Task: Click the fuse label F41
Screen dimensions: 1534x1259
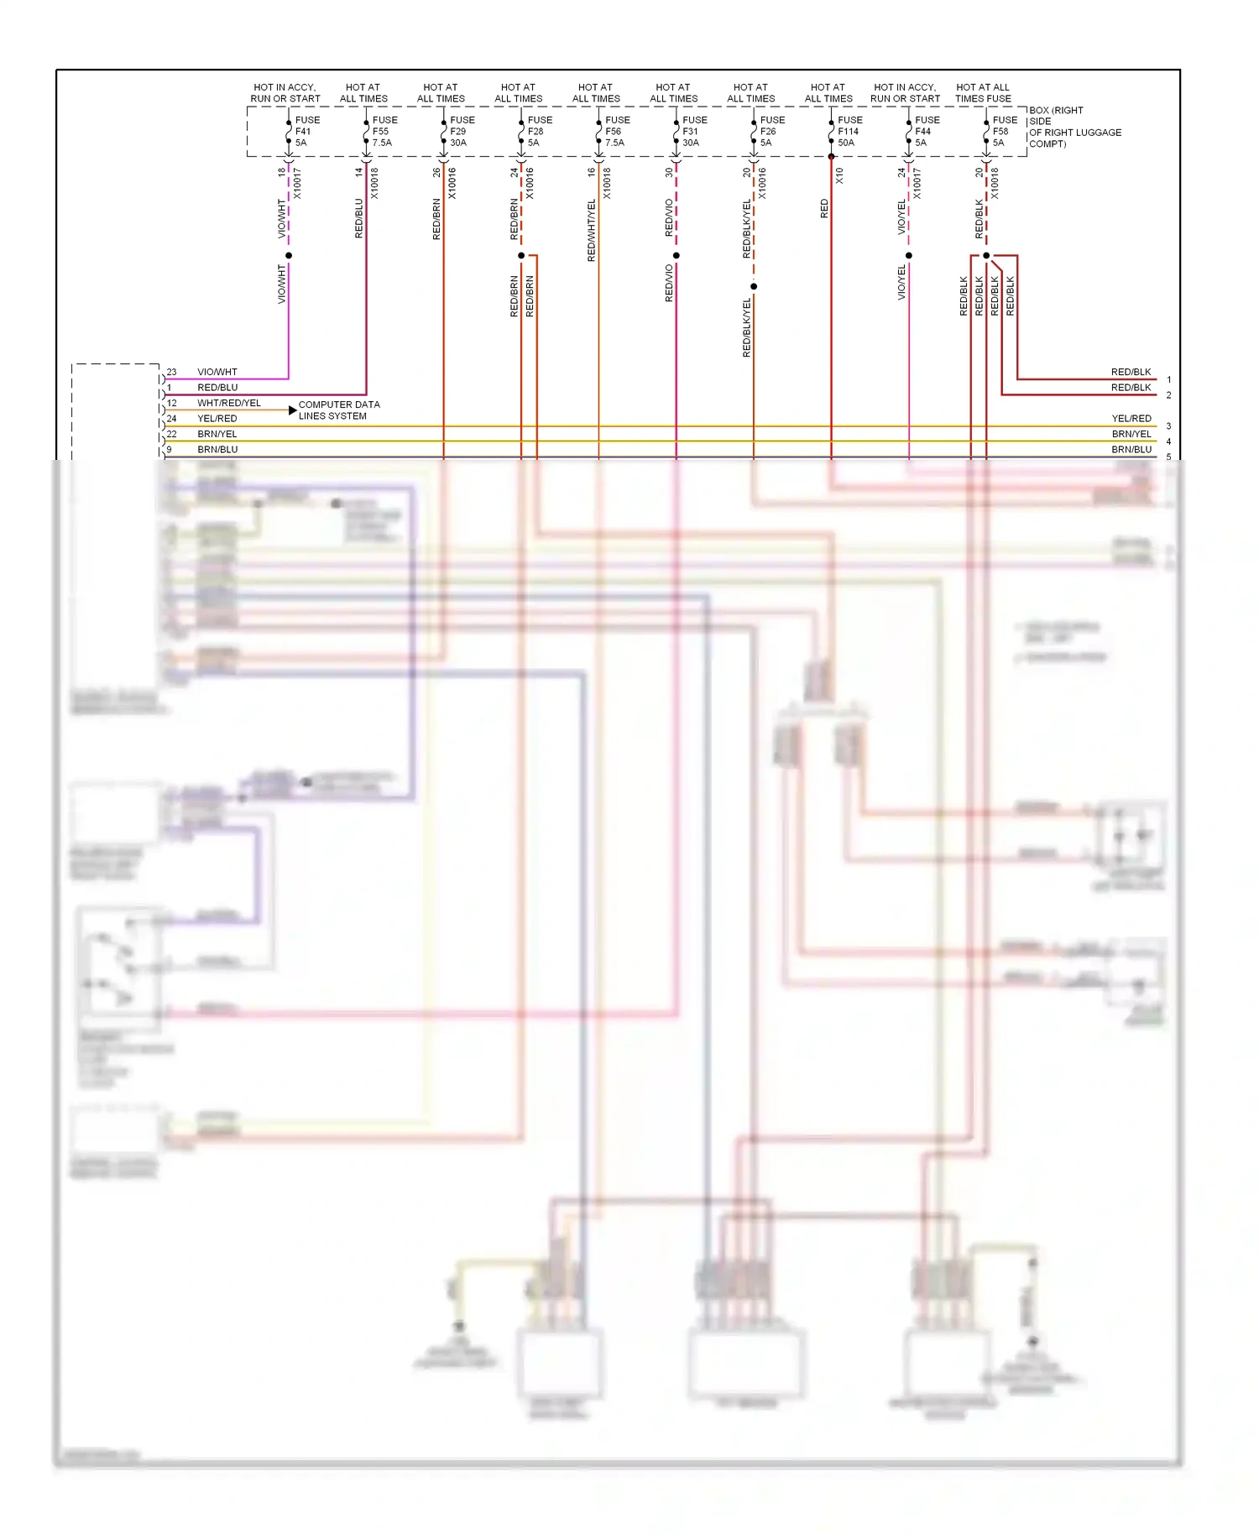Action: (x=303, y=132)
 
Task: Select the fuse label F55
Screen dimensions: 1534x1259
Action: (x=381, y=132)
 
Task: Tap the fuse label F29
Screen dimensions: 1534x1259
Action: (x=457, y=132)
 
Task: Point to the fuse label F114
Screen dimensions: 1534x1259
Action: (x=849, y=132)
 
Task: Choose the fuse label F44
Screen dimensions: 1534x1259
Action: (x=923, y=132)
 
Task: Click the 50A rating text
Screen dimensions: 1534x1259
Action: (x=846, y=143)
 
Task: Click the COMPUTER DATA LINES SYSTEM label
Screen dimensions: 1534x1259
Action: (x=339, y=410)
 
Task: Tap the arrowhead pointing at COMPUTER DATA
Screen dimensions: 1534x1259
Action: (x=292, y=410)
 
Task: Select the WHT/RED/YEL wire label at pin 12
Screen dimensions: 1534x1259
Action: (x=229, y=404)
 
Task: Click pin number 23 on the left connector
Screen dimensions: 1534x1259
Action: (x=172, y=372)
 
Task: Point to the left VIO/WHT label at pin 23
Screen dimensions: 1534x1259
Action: (x=217, y=372)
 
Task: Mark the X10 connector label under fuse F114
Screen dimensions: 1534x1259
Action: (x=839, y=176)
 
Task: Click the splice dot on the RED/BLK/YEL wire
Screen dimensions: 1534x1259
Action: (x=754, y=287)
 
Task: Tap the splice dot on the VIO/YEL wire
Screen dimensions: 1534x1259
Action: (x=909, y=256)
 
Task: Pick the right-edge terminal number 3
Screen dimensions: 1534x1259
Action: (x=1168, y=426)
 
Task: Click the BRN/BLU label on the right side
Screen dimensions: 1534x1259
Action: (x=1131, y=450)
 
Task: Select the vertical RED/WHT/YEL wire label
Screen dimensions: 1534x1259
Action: (x=592, y=230)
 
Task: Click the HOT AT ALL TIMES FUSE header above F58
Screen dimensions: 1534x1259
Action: (x=983, y=93)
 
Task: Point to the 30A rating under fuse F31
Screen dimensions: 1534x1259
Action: (x=691, y=143)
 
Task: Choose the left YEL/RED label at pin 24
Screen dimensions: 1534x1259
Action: (x=217, y=419)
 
